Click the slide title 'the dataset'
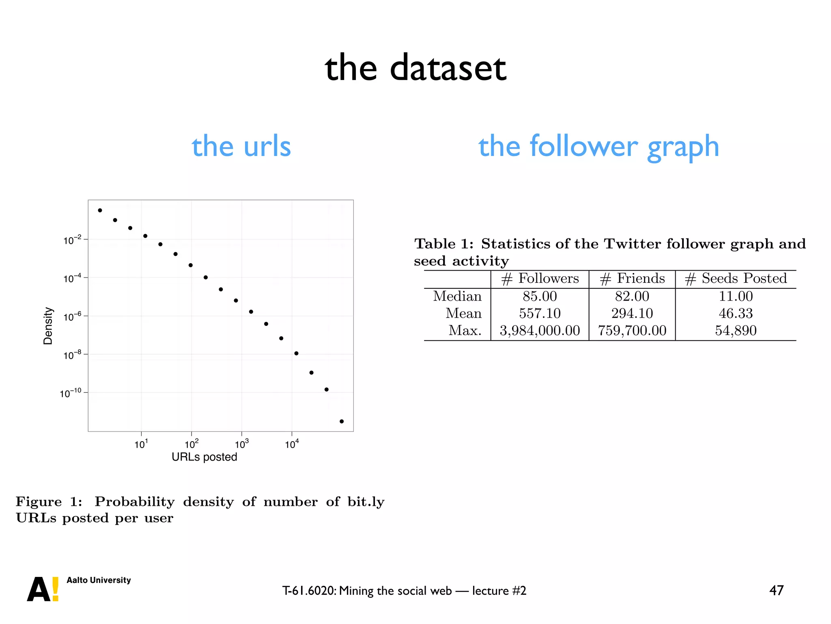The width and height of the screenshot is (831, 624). pyautogui.click(x=415, y=68)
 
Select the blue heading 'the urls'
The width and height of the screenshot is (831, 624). pyautogui.click(x=241, y=146)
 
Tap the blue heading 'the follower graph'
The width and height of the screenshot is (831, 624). pyautogui.click(x=598, y=146)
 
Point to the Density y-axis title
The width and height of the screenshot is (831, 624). pyautogui.click(x=48, y=326)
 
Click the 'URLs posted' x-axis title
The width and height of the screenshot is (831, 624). pyautogui.click(x=204, y=457)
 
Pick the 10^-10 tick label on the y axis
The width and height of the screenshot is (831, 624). pyautogui.click(x=71, y=393)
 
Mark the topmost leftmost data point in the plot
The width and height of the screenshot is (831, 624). pyautogui.click(x=100, y=210)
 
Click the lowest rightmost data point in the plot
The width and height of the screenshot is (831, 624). pyautogui.click(x=342, y=421)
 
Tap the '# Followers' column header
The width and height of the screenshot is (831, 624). pyautogui.click(x=540, y=279)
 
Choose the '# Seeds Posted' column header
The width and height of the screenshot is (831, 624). pyautogui.click(x=736, y=279)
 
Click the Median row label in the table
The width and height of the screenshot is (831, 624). pyautogui.click(x=457, y=296)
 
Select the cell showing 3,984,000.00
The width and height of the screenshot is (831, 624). pyautogui.click(x=540, y=331)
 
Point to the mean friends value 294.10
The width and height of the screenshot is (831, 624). pyautogui.click(x=632, y=313)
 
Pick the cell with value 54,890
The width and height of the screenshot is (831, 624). pyautogui.click(x=736, y=331)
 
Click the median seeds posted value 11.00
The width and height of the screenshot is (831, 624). pyautogui.click(x=736, y=296)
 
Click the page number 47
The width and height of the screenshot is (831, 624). pyautogui.click(x=776, y=590)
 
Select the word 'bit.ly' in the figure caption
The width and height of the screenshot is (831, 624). pyautogui.click(x=366, y=502)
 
